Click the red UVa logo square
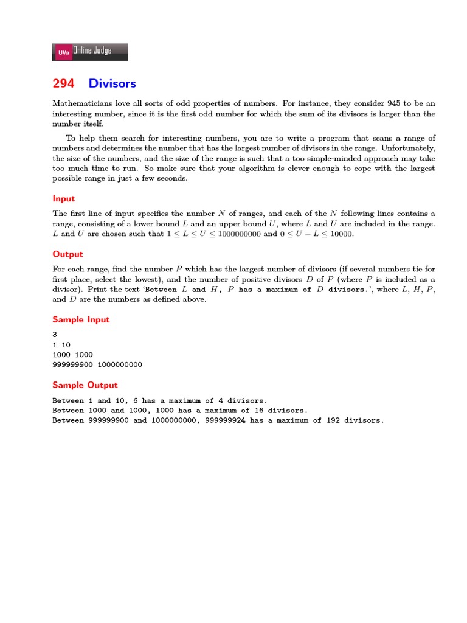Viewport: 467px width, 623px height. tap(63, 52)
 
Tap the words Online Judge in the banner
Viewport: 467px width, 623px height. tap(92, 51)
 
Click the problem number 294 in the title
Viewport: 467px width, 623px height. tap(63, 83)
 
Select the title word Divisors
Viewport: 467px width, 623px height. tap(112, 83)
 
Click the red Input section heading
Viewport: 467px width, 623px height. tap(64, 198)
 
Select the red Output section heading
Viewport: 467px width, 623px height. tap(67, 254)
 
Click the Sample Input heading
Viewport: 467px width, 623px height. tap(81, 319)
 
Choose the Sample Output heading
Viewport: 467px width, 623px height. tap(85, 385)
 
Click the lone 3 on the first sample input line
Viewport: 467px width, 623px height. tap(55, 335)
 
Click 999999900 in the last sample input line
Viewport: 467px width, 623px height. tap(75, 364)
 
